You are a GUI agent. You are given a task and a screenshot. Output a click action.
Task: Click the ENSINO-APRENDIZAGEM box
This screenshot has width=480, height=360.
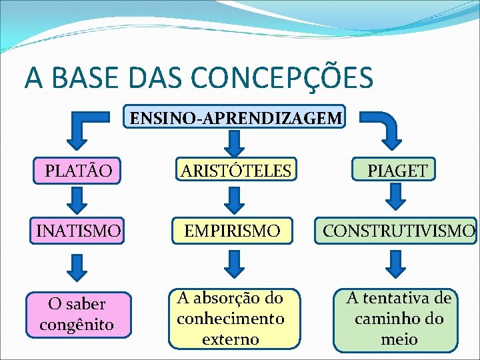point(236,118)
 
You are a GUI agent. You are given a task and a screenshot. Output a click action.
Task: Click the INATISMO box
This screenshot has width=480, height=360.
point(79,231)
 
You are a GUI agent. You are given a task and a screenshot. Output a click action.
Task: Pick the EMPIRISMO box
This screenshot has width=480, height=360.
point(233,231)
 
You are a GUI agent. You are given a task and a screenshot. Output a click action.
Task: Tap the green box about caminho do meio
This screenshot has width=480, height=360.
point(397,319)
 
